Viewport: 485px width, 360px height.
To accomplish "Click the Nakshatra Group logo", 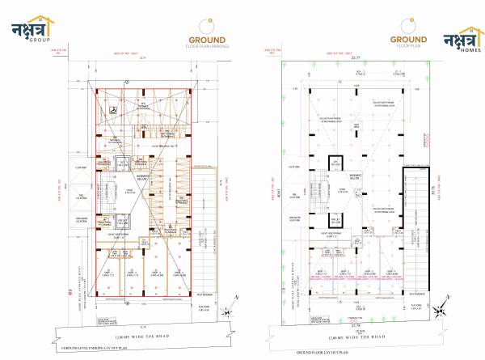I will [31, 32].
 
